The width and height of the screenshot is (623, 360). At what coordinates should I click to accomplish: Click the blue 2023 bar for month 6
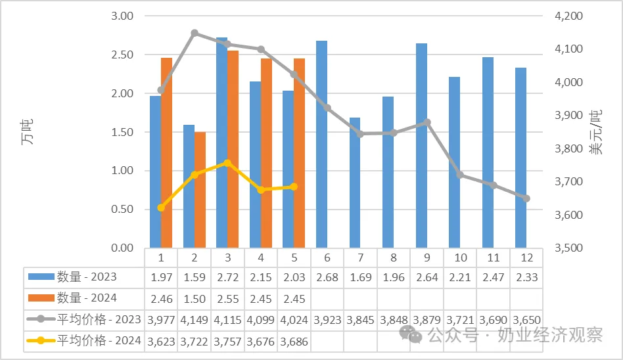[x=322, y=145]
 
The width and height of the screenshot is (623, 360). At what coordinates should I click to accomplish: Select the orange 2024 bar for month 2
[x=200, y=190]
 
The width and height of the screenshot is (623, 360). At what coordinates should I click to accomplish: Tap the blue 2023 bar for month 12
[x=521, y=158]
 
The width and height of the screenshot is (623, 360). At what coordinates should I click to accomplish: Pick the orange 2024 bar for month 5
[x=300, y=153]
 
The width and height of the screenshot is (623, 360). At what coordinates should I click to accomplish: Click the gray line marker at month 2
[x=195, y=33]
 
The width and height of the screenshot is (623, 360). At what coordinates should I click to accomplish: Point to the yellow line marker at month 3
[x=227, y=164]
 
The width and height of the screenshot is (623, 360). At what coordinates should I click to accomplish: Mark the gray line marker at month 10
[x=460, y=175]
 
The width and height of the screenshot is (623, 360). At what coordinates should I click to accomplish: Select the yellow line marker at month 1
[x=161, y=208]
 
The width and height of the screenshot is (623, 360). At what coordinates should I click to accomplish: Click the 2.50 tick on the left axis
[x=122, y=55]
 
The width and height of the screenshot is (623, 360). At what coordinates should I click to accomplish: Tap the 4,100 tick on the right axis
[x=568, y=49]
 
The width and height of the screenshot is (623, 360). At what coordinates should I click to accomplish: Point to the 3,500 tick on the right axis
[x=568, y=248]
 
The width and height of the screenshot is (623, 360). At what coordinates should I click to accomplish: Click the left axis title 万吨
[x=27, y=132]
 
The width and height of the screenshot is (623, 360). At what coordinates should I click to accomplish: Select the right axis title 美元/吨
[x=596, y=132]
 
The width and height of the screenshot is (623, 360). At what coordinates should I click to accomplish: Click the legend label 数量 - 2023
[x=87, y=277]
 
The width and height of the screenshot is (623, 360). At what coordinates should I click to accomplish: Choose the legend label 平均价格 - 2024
[x=99, y=340]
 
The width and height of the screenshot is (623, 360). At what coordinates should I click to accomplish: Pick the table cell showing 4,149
[x=195, y=320]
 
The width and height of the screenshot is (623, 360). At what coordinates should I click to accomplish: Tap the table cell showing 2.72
[x=227, y=277]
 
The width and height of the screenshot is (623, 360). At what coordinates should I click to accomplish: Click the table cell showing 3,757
[x=227, y=342]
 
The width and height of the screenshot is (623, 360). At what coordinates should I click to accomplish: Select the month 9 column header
[x=427, y=258]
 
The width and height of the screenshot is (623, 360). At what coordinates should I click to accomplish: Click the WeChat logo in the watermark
[x=411, y=334]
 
